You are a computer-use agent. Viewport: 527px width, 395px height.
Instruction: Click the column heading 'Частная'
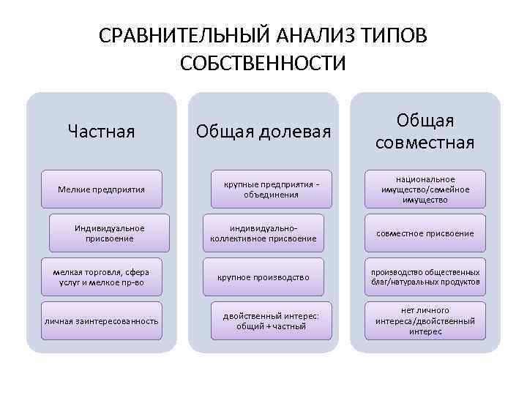[101, 131]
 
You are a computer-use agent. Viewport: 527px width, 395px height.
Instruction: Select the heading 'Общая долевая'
[263, 132]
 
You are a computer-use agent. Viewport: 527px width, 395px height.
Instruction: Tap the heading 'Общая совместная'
[425, 131]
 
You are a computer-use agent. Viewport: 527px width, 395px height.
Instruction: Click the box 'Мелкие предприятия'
[101, 189]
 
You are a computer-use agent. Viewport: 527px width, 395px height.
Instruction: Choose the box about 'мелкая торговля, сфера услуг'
[101, 276]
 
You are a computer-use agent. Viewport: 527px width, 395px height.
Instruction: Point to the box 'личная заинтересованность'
[101, 320]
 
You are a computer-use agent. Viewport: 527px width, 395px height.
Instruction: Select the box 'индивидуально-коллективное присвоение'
[263, 233]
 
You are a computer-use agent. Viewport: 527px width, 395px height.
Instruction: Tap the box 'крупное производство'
[263, 276]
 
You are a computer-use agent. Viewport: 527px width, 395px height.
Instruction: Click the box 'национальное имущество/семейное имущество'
[425, 189]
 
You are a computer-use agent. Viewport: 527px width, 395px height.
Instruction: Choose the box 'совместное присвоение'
[425, 233]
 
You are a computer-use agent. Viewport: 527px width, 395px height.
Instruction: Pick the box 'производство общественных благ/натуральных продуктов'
[425, 276]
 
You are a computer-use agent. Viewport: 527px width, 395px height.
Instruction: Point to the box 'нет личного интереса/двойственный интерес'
[425, 320]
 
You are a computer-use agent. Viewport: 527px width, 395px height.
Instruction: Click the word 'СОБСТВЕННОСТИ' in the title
[263, 64]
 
